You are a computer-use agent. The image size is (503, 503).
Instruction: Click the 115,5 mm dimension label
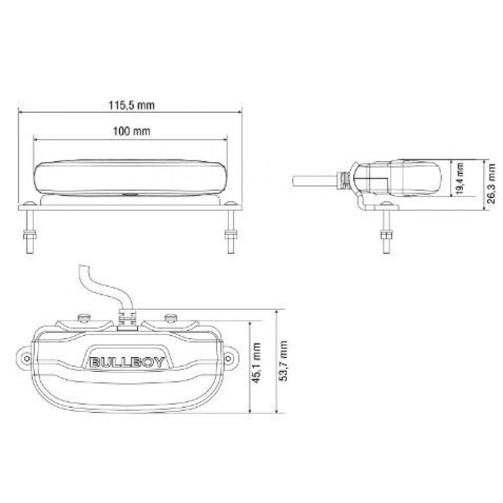pos(131,106)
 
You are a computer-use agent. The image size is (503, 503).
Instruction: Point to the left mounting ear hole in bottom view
pos(24,357)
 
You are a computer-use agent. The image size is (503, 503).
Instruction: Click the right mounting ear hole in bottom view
pos(229,357)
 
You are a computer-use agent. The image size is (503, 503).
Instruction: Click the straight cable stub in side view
pos(314,180)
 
